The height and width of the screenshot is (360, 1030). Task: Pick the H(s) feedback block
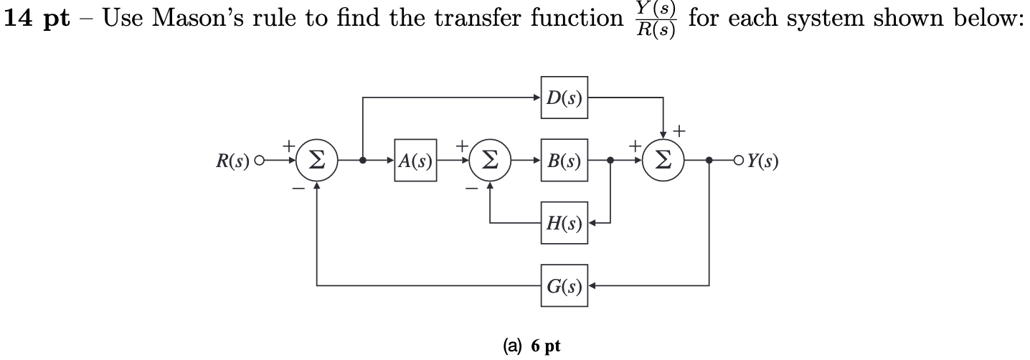(564, 223)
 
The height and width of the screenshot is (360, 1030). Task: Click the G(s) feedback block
(564, 286)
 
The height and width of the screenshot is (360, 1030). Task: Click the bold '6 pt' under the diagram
(546, 346)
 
